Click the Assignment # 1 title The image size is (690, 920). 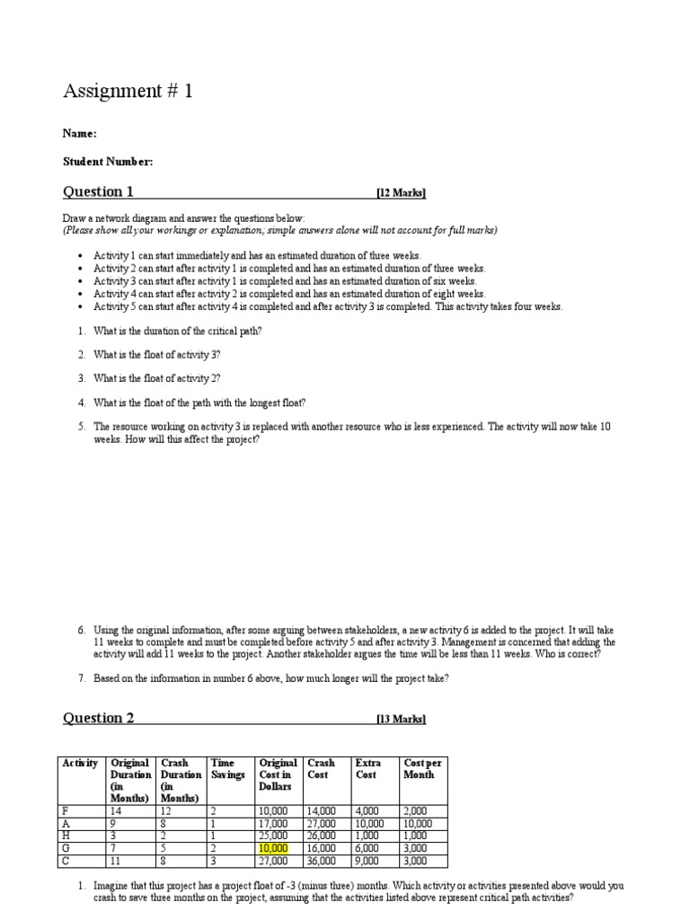(x=128, y=92)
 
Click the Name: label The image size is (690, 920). (x=79, y=134)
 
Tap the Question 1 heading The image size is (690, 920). (x=98, y=191)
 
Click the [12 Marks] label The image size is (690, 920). (x=401, y=193)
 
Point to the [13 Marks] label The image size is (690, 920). (x=401, y=720)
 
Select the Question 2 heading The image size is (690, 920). (x=98, y=718)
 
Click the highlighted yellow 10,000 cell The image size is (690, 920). (x=273, y=847)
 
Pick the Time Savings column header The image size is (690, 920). (x=226, y=769)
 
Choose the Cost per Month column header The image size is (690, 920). (x=423, y=769)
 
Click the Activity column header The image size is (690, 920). (x=80, y=764)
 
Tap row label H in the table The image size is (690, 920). (x=65, y=835)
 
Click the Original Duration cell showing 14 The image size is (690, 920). (x=116, y=810)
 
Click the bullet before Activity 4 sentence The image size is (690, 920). (x=81, y=294)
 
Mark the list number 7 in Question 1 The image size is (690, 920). (x=80, y=679)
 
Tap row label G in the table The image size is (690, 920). (x=65, y=847)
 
